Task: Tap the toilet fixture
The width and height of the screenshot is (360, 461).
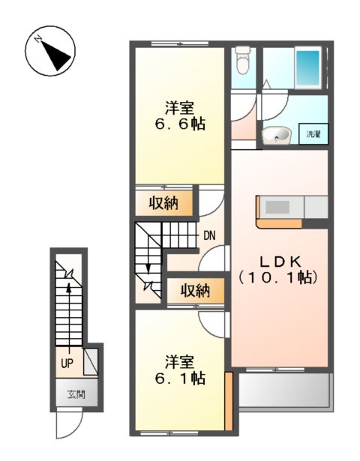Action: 241,60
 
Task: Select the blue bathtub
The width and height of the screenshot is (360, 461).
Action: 307,68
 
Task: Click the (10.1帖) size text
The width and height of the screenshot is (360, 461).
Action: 280,277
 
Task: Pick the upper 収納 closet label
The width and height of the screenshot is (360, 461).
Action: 163,203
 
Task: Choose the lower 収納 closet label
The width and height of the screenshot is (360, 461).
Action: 193,291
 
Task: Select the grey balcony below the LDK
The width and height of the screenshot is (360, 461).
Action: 283,389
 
